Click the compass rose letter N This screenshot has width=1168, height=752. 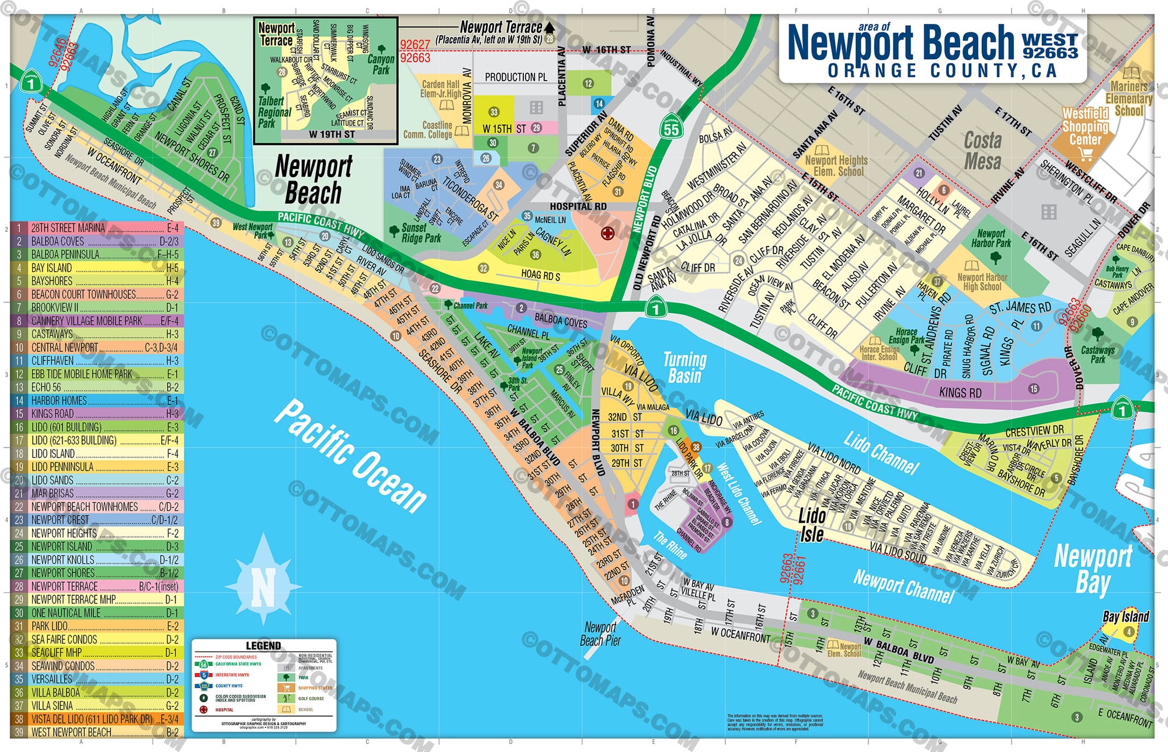[263, 588]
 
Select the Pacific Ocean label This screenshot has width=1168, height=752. [351, 456]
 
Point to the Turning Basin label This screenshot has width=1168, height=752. [684, 368]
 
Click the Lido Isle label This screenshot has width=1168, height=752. [812, 525]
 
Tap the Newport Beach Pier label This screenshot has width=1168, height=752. [600, 634]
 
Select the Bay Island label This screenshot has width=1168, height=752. [1125, 616]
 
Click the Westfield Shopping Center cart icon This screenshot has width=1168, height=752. [1086, 154]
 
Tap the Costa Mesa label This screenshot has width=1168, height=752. [982, 150]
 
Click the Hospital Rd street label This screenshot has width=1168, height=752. [578, 206]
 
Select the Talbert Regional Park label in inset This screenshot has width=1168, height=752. [273, 112]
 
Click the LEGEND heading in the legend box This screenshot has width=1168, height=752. [263, 646]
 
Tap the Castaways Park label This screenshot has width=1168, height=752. [1097, 354]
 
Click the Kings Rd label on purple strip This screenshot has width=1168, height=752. [960, 393]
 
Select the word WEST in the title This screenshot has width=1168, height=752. [1049, 40]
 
